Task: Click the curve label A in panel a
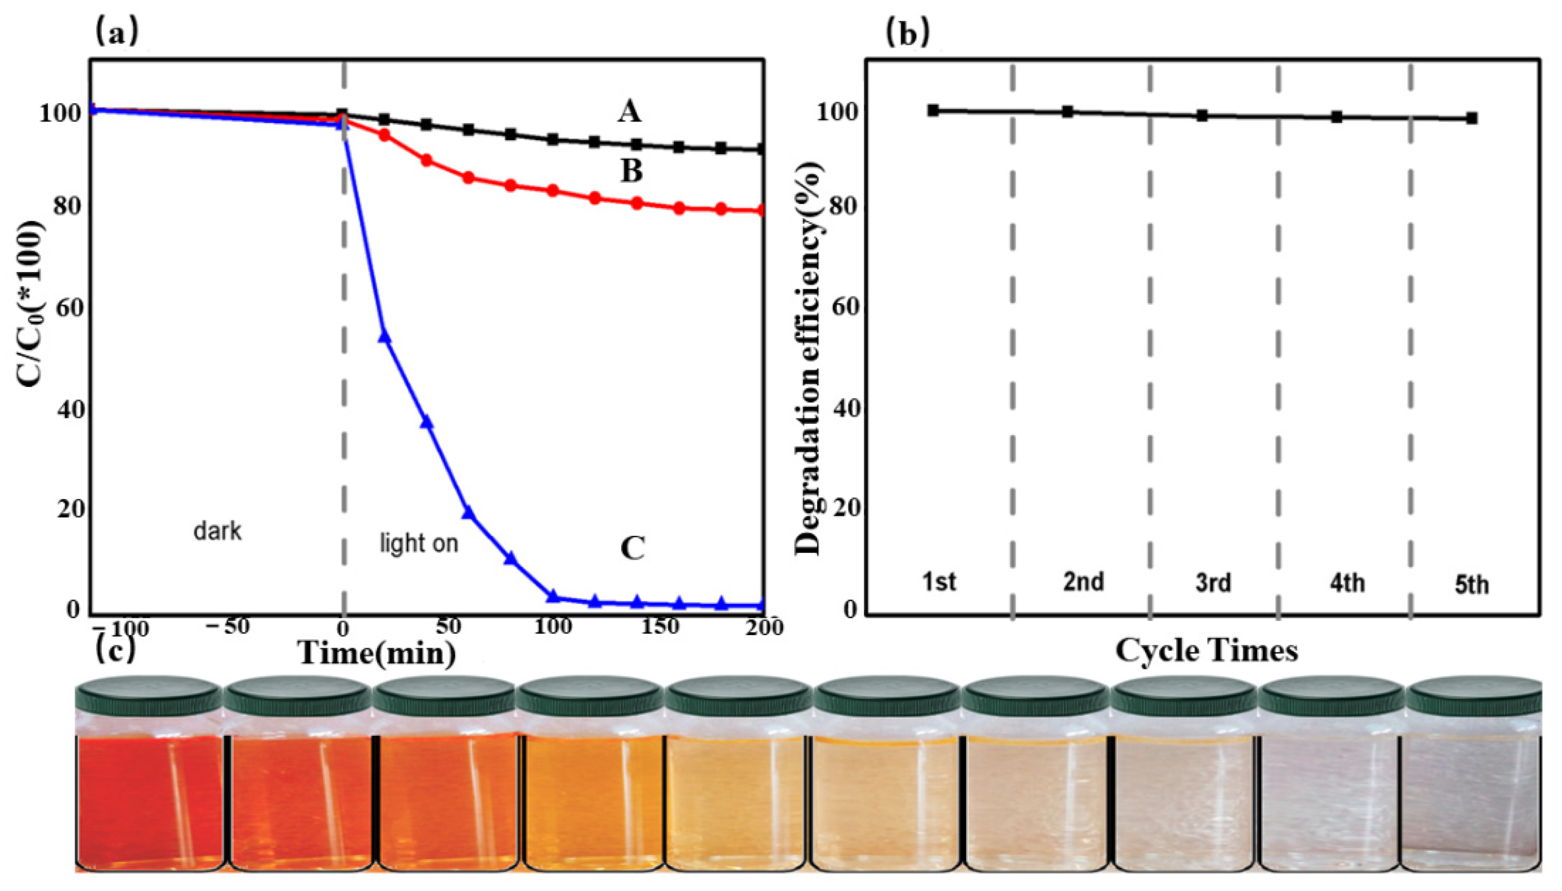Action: pos(629,113)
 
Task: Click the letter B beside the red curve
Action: pos(632,172)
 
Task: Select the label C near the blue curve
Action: pos(632,549)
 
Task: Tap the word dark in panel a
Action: pos(217,531)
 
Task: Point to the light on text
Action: pos(419,543)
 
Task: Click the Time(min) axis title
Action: pos(377,654)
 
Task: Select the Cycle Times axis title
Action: pos(1206,651)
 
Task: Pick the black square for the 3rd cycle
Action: pos(1201,115)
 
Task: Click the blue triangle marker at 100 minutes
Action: pos(553,596)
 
